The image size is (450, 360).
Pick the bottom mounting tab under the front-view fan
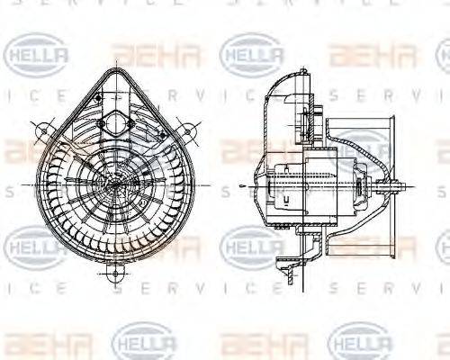click(x=115, y=270)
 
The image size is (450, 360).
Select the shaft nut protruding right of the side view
click(x=397, y=186)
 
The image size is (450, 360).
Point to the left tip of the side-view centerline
click(x=243, y=186)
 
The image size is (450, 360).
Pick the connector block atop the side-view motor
click(x=317, y=117)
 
